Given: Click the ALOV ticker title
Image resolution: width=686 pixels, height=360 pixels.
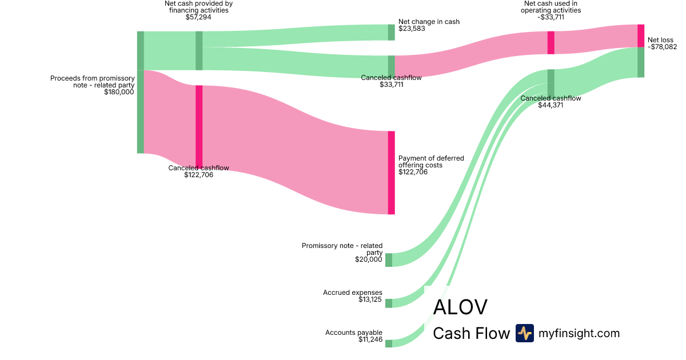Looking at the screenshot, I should tap(460, 307).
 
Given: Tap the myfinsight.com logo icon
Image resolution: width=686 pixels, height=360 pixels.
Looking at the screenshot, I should tap(524, 333).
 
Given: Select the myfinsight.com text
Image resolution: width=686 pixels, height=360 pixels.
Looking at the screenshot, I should tap(579, 333).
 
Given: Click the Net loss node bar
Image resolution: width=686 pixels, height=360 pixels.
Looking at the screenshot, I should tap(641, 36).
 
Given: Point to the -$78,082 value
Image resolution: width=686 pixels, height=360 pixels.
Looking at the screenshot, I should tap(662, 47).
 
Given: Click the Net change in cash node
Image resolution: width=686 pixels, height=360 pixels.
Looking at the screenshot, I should tap(392, 33).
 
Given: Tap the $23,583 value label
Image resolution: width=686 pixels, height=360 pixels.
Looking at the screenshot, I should tap(412, 29).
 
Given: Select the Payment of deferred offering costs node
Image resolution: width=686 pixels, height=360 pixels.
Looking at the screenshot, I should tap(392, 173).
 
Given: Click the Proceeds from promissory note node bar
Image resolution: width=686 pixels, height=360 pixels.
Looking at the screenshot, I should tap(140, 92).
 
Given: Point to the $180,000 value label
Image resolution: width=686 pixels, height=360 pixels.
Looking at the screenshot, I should tap(119, 91).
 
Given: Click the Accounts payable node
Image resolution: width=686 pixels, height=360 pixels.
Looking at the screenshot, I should tap(389, 343).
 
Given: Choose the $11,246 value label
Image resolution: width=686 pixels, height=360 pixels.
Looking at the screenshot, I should tap(370, 339).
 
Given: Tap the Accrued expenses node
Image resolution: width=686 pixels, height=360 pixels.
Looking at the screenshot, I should tap(389, 303).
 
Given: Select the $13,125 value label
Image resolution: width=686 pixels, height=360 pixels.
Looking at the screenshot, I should tap(369, 299).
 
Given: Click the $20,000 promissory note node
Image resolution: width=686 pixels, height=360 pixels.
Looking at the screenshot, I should tap(389, 260).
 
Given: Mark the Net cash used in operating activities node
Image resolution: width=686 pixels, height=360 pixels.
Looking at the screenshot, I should tap(551, 42).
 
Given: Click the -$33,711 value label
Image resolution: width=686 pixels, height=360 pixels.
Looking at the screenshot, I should tap(551, 17).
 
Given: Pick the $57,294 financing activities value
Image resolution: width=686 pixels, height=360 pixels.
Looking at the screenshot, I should tap(198, 17).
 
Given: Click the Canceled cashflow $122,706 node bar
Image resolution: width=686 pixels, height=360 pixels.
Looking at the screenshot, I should tap(199, 126).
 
